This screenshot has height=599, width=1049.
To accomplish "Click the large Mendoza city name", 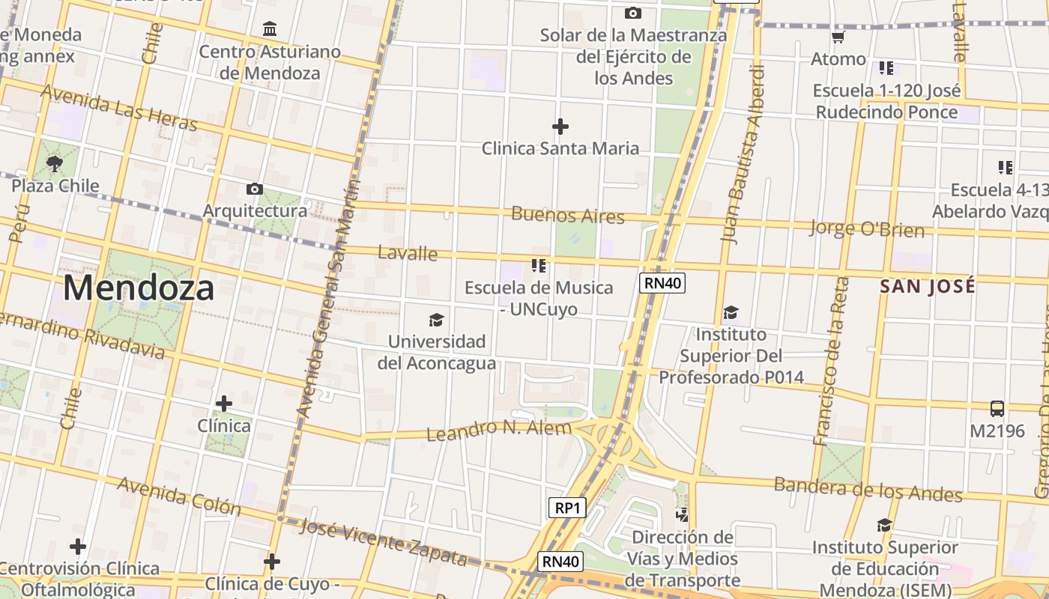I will pos(139,288).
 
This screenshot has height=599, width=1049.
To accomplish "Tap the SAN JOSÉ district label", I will pos(928,286).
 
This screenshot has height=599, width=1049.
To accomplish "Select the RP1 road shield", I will pos(566,508).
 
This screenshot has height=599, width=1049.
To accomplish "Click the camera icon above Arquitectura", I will pos(255,189).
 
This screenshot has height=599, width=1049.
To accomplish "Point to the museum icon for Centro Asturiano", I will pos(270,29).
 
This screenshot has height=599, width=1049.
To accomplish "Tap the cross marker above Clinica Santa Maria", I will pos(560,127).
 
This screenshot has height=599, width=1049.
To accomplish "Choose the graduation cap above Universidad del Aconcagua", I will pos(436,320).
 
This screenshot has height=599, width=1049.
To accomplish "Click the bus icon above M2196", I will pos(997,409).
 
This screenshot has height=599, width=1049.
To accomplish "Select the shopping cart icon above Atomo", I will pos(838,37).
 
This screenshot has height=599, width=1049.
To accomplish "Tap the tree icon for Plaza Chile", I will pos(54,163).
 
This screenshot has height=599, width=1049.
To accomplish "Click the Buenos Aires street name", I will pos(567,216).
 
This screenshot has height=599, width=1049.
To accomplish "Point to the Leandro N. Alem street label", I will pos(498,430).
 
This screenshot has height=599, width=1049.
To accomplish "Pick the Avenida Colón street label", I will pos(179,496).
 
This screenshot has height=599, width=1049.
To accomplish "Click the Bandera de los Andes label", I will pos(868,489).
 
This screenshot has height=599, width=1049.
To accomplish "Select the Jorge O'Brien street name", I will pos(867,228).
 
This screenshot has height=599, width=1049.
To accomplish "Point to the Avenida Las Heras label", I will pos(118,107).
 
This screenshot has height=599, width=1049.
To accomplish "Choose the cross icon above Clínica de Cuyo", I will pos(272,561).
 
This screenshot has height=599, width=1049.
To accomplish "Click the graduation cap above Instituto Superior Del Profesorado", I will pos(731,312).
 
